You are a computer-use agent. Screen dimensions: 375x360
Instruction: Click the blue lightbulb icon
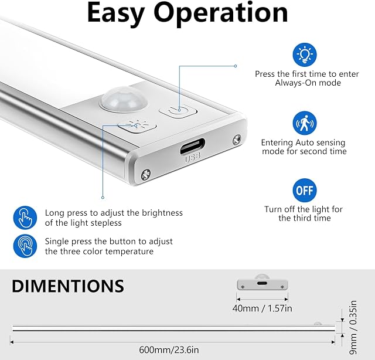point(305,55)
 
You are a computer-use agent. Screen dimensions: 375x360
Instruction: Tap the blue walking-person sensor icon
point(305,123)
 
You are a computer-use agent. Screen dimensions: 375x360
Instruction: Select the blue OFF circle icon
point(305,191)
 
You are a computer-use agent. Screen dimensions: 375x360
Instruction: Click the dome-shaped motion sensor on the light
point(124,99)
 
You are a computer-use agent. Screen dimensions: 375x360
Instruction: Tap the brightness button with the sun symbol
point(137,125)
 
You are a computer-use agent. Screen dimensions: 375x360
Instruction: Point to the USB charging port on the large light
point(192,146)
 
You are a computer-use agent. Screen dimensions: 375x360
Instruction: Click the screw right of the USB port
point(237,140)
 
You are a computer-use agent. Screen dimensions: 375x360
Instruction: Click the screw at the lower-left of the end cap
point(146,175)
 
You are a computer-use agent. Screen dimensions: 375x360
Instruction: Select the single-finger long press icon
point(25,218)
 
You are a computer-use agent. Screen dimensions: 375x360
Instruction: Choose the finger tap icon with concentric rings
point(25,246)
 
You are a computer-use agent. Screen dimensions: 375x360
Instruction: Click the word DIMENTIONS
point(68,286)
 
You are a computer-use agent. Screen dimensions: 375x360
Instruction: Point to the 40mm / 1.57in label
point(262,308)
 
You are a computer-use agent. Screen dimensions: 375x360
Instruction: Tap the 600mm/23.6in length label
point(169,349)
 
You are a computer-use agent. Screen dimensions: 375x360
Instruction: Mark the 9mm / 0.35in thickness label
point(353,327)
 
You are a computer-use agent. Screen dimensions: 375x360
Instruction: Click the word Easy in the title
point(116,13)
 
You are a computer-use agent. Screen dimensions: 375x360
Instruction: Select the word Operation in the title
point(220,13)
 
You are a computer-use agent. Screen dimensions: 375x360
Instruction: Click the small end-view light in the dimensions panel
point(262,283)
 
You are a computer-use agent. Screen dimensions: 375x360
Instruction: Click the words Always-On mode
point(308,83)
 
